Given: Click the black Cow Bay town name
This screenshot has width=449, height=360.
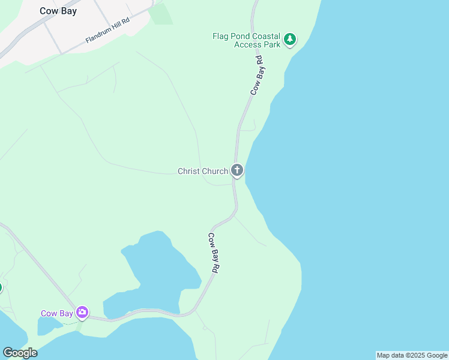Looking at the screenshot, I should tap(58, 11).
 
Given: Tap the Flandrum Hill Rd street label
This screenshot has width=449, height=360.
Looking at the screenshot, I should tap(107, 29).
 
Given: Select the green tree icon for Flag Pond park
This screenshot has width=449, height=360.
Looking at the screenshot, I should tap(291, 40).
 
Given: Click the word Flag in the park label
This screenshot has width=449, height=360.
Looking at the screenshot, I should tap(221, 36).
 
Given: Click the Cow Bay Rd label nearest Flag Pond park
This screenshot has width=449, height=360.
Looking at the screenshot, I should tap(258, 76).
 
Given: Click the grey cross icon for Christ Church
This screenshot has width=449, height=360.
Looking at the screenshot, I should tap(237, 171).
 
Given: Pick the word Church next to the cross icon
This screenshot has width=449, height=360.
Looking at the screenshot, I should tap(215, 172).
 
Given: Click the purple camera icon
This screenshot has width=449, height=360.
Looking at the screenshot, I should tap(82, 312).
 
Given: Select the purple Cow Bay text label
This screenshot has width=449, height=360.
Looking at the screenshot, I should tap(57, 313).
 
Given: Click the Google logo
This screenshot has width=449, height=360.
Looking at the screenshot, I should tap(20, 352).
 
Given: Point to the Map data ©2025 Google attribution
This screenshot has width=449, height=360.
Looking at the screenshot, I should tap(412, 355).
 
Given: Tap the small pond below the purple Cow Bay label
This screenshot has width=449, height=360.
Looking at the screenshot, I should tap(47, 325).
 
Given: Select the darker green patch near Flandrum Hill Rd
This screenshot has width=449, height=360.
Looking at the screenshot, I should tap(160, 14).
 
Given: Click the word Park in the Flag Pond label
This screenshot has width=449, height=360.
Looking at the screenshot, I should tap(272, 44).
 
